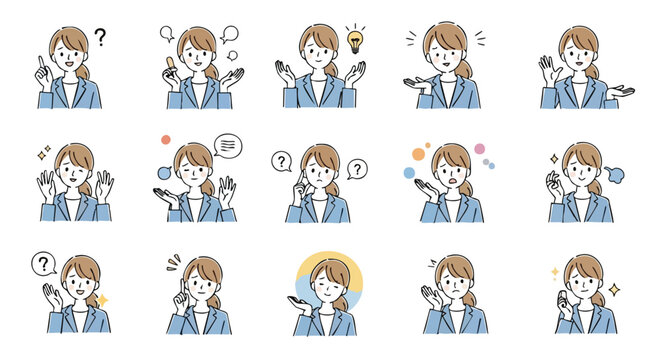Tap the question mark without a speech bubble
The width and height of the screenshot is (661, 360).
click(99, 38)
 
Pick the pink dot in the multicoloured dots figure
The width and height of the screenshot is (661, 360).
click(479, 149)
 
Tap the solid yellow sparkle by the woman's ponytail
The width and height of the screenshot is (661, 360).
click(102, 300)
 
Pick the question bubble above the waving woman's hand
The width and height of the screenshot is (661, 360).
click(43, 264)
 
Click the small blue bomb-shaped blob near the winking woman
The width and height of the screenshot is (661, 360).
click(163, 175)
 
